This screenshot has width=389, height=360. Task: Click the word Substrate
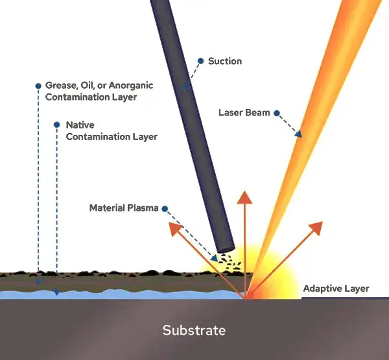(x=194, y=330)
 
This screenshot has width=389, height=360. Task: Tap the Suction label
(x=225, y=61)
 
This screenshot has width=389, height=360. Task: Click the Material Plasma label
(x=123, y=208)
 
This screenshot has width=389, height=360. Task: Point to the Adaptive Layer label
(x=336, y=289)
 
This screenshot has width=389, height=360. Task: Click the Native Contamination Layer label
(x=112, y=130)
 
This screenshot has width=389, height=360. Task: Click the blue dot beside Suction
(x=200, y=61)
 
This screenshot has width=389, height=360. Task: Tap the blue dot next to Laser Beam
(x=277, y=113)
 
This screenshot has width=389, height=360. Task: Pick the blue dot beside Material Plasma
(x=165, y=208)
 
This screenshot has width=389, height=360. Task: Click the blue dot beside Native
(x=57, y=125)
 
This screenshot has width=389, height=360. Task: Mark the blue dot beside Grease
(x=38, y=86)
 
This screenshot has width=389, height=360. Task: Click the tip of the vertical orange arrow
(x=244, y=195)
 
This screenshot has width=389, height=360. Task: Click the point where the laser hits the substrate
(x=246, y=297)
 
